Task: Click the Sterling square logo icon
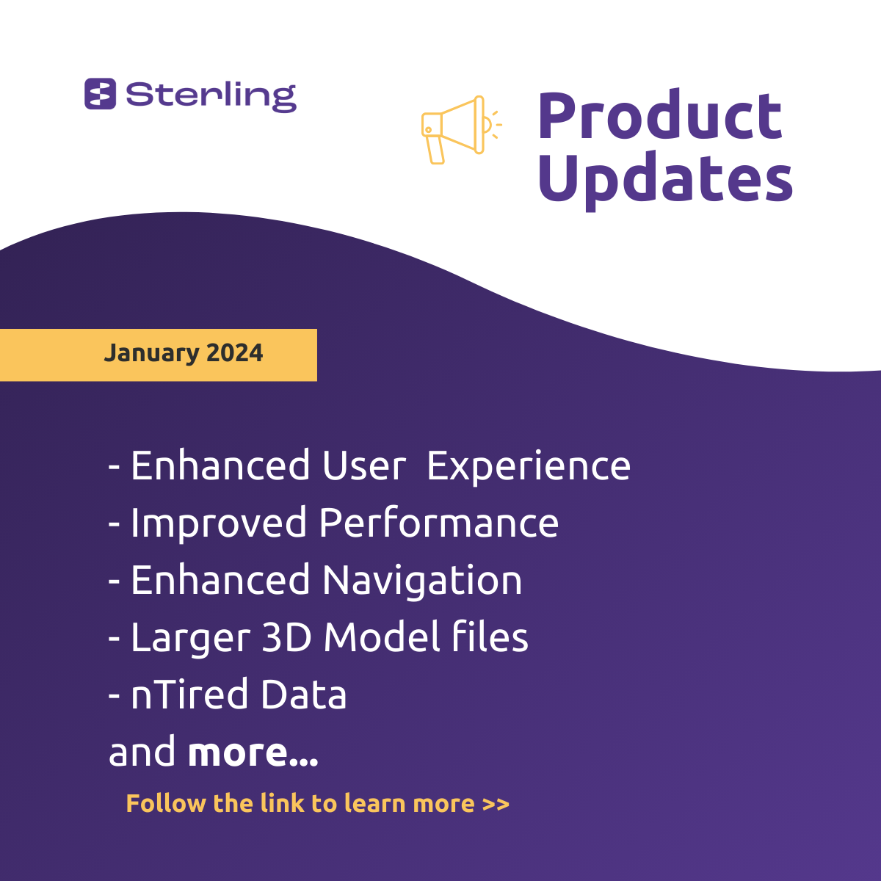pyautogui.click(x=100, y=94)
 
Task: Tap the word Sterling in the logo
pyautogui.click(x=211, y=97)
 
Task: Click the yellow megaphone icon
pyautogui.click(x=462, y=130)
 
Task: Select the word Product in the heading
pyautogui.click(x=660, y=115)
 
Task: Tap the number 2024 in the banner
pyautogui.click(x=234, y=353)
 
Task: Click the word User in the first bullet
pyautogui.click(x=364, y=465)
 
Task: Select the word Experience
pyautogui.click(x=529, y=467)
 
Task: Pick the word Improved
pyautogui.click(x=219, y=524)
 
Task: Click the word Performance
pyautogui.click(x=439, y=523)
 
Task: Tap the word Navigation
pyautogui.click(x=422, y=581)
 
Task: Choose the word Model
pyautogui.click(x=382, y=637)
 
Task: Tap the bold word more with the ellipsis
pyautogui.click(x=253, y=753)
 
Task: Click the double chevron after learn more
pyautogui.click(x=496, y=804)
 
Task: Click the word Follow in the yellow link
pyautogui.click(x=166, y=803)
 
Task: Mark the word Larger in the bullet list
pyautogui.click(x=191, y=639)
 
